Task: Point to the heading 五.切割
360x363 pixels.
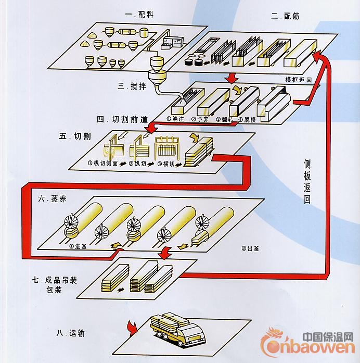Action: coord(75,136)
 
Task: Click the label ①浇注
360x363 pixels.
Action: coord(175,118)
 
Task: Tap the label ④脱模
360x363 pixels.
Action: coord(248,118)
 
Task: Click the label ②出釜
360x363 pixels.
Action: coord(249,248)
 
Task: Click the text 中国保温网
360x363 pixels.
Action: coord(328,336)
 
